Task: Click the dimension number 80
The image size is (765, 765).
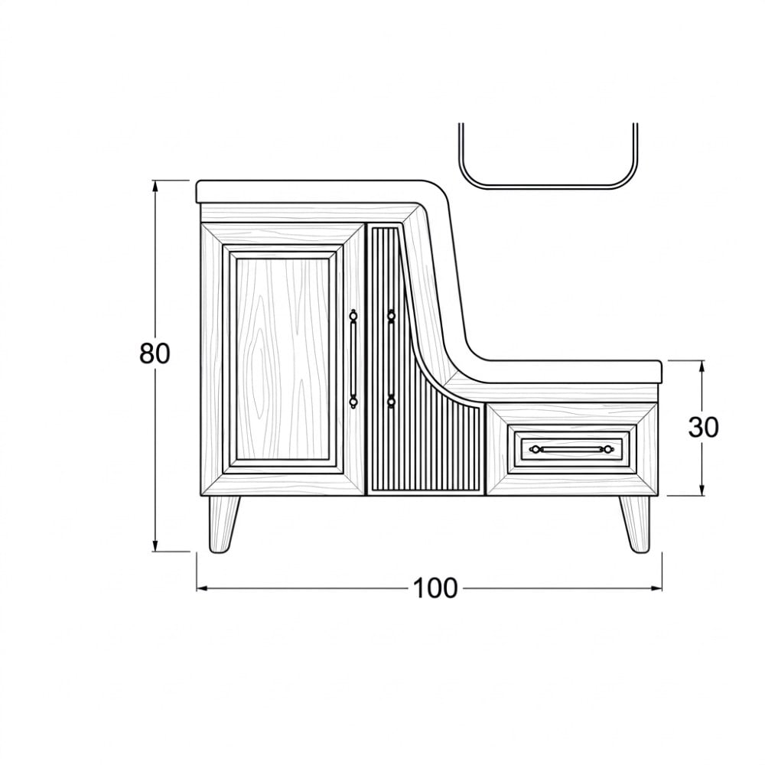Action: tap(155, 353)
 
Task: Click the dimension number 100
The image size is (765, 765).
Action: tap(435, 588)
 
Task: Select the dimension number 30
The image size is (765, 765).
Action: tap(703, 428)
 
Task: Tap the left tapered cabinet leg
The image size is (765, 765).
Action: tap(223, 525)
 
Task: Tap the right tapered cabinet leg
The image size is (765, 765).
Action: tap(636, 525)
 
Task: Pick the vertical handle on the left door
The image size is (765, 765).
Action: tap(353, 359)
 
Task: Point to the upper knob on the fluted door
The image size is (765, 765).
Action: tap(391, 316)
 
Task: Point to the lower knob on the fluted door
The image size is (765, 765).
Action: tap(391, 402)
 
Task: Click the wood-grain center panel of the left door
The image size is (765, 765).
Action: tap(282, 359)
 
